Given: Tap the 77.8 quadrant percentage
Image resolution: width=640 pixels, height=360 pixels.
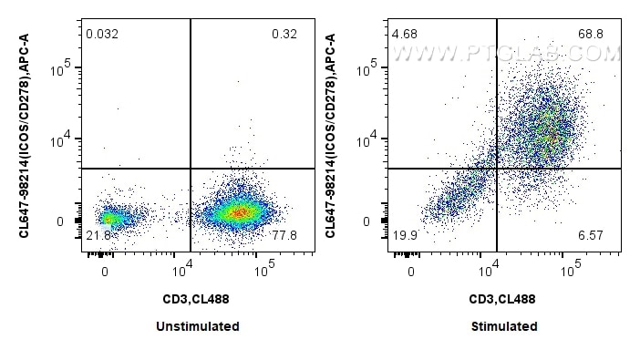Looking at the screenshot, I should click(x=286, y=236).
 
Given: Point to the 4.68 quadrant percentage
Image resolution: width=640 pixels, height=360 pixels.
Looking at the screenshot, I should click(x=405, y=35).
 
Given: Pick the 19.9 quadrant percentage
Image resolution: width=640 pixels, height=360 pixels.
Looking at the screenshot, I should click(x=404, y=236).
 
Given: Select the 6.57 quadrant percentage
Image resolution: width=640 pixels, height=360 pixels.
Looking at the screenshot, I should click(x=592, y=236).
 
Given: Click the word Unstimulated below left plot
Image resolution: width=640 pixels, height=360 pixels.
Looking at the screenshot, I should click(x=197, y=326).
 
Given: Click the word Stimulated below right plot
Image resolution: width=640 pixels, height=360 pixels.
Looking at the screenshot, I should click(x=504, y=326).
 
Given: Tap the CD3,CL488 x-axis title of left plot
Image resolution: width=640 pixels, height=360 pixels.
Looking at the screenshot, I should click(x=198, y=298).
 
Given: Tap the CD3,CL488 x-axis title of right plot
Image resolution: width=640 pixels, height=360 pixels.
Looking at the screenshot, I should click(x=504, y=298).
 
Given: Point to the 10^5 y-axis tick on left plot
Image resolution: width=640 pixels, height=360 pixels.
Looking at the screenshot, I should click(x=65, y=69).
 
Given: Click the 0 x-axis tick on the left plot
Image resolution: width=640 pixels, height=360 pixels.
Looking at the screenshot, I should click(x=106, y=271).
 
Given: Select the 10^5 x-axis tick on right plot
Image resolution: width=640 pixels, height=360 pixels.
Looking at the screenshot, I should click(x=571, y=271).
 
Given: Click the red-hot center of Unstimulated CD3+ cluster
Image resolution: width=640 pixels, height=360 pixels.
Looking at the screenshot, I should click(x=239, y=212).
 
